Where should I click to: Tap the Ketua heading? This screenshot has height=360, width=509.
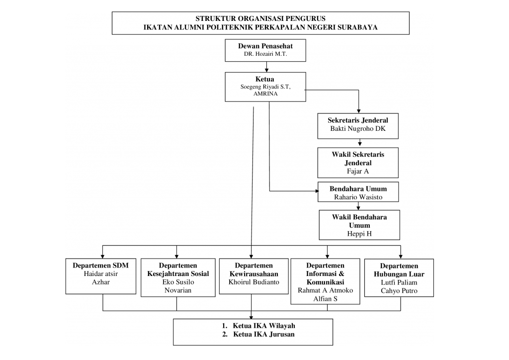pyautogui.click(x=265, y=79)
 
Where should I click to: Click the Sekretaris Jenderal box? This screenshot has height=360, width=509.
pyautogui.click(x=358, y=124)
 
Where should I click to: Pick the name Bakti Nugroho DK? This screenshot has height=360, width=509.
pyautogui.click(x=358, y=129)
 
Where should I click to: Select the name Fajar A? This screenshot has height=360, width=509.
pyautogui.click(x=358, y=171)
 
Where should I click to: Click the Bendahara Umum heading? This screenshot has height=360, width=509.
pyautogui.click(x=358, y=189)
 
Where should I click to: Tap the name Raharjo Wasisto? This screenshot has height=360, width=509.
pyautogui.click(x=358, y=197)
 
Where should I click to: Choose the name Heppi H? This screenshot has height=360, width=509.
pyautogui.click(x=359, y=234)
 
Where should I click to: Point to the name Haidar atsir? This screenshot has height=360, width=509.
pyautogui.click(x=101, y=273)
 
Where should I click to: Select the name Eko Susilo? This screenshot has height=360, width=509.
pyautogui.click(x=178, y=282)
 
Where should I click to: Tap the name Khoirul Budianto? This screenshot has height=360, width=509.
pyautogui.click(x=254, y=282)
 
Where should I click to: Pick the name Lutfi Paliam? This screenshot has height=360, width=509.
pyautogui.click(x=399, y=282)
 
